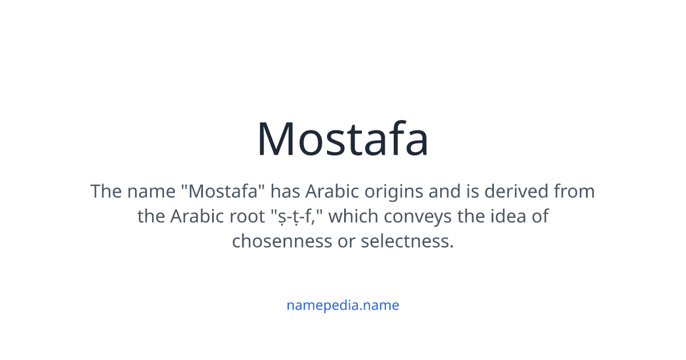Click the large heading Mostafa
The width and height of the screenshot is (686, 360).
[x=342, y=139]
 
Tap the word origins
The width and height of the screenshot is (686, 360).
[x=390, y=191]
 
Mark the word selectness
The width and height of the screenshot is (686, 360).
[x=407, y=241]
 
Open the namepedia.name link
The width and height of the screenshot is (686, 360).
[x=342, y=305]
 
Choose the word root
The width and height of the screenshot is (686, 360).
[x=247, y=217]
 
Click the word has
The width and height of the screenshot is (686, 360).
[x=285, y=191]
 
